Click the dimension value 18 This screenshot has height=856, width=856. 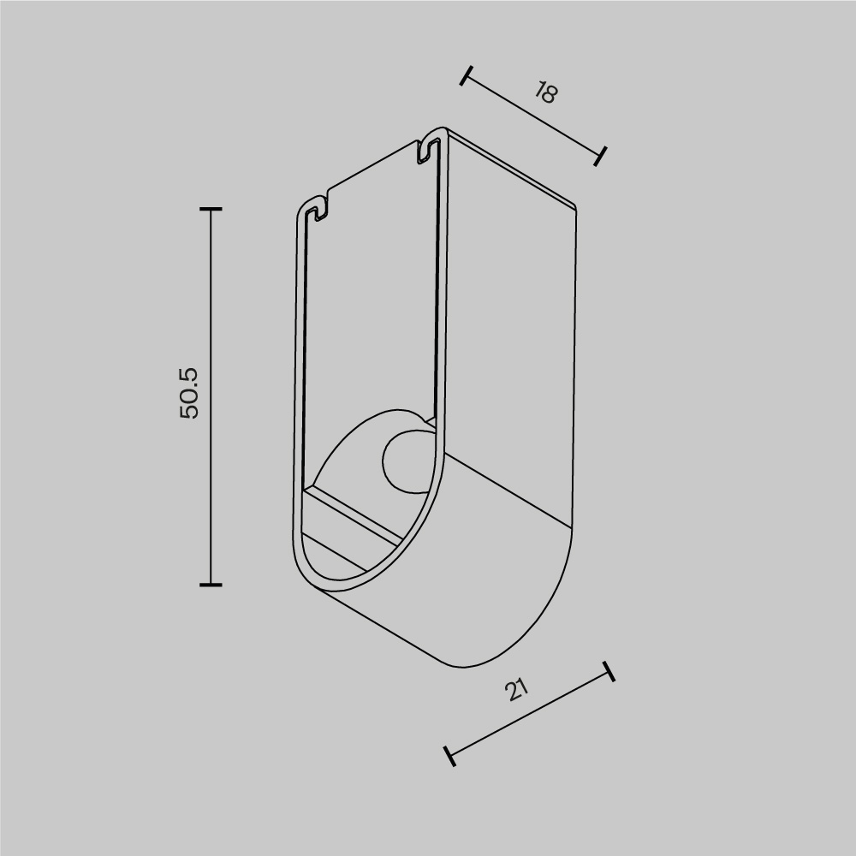(x=545, y=92)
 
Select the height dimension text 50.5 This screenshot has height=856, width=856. (x=189, y=393)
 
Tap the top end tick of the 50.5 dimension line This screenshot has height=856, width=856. (x=211, y=209)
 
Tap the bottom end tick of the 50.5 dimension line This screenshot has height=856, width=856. (x=211, y=585)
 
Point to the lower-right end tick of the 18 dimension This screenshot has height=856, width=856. (x=601, y=156)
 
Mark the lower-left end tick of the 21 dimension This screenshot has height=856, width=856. (x=449, y=756)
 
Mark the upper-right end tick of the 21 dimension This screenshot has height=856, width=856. (x=609, y=671)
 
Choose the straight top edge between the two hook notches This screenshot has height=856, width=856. (x=373, y=167)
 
